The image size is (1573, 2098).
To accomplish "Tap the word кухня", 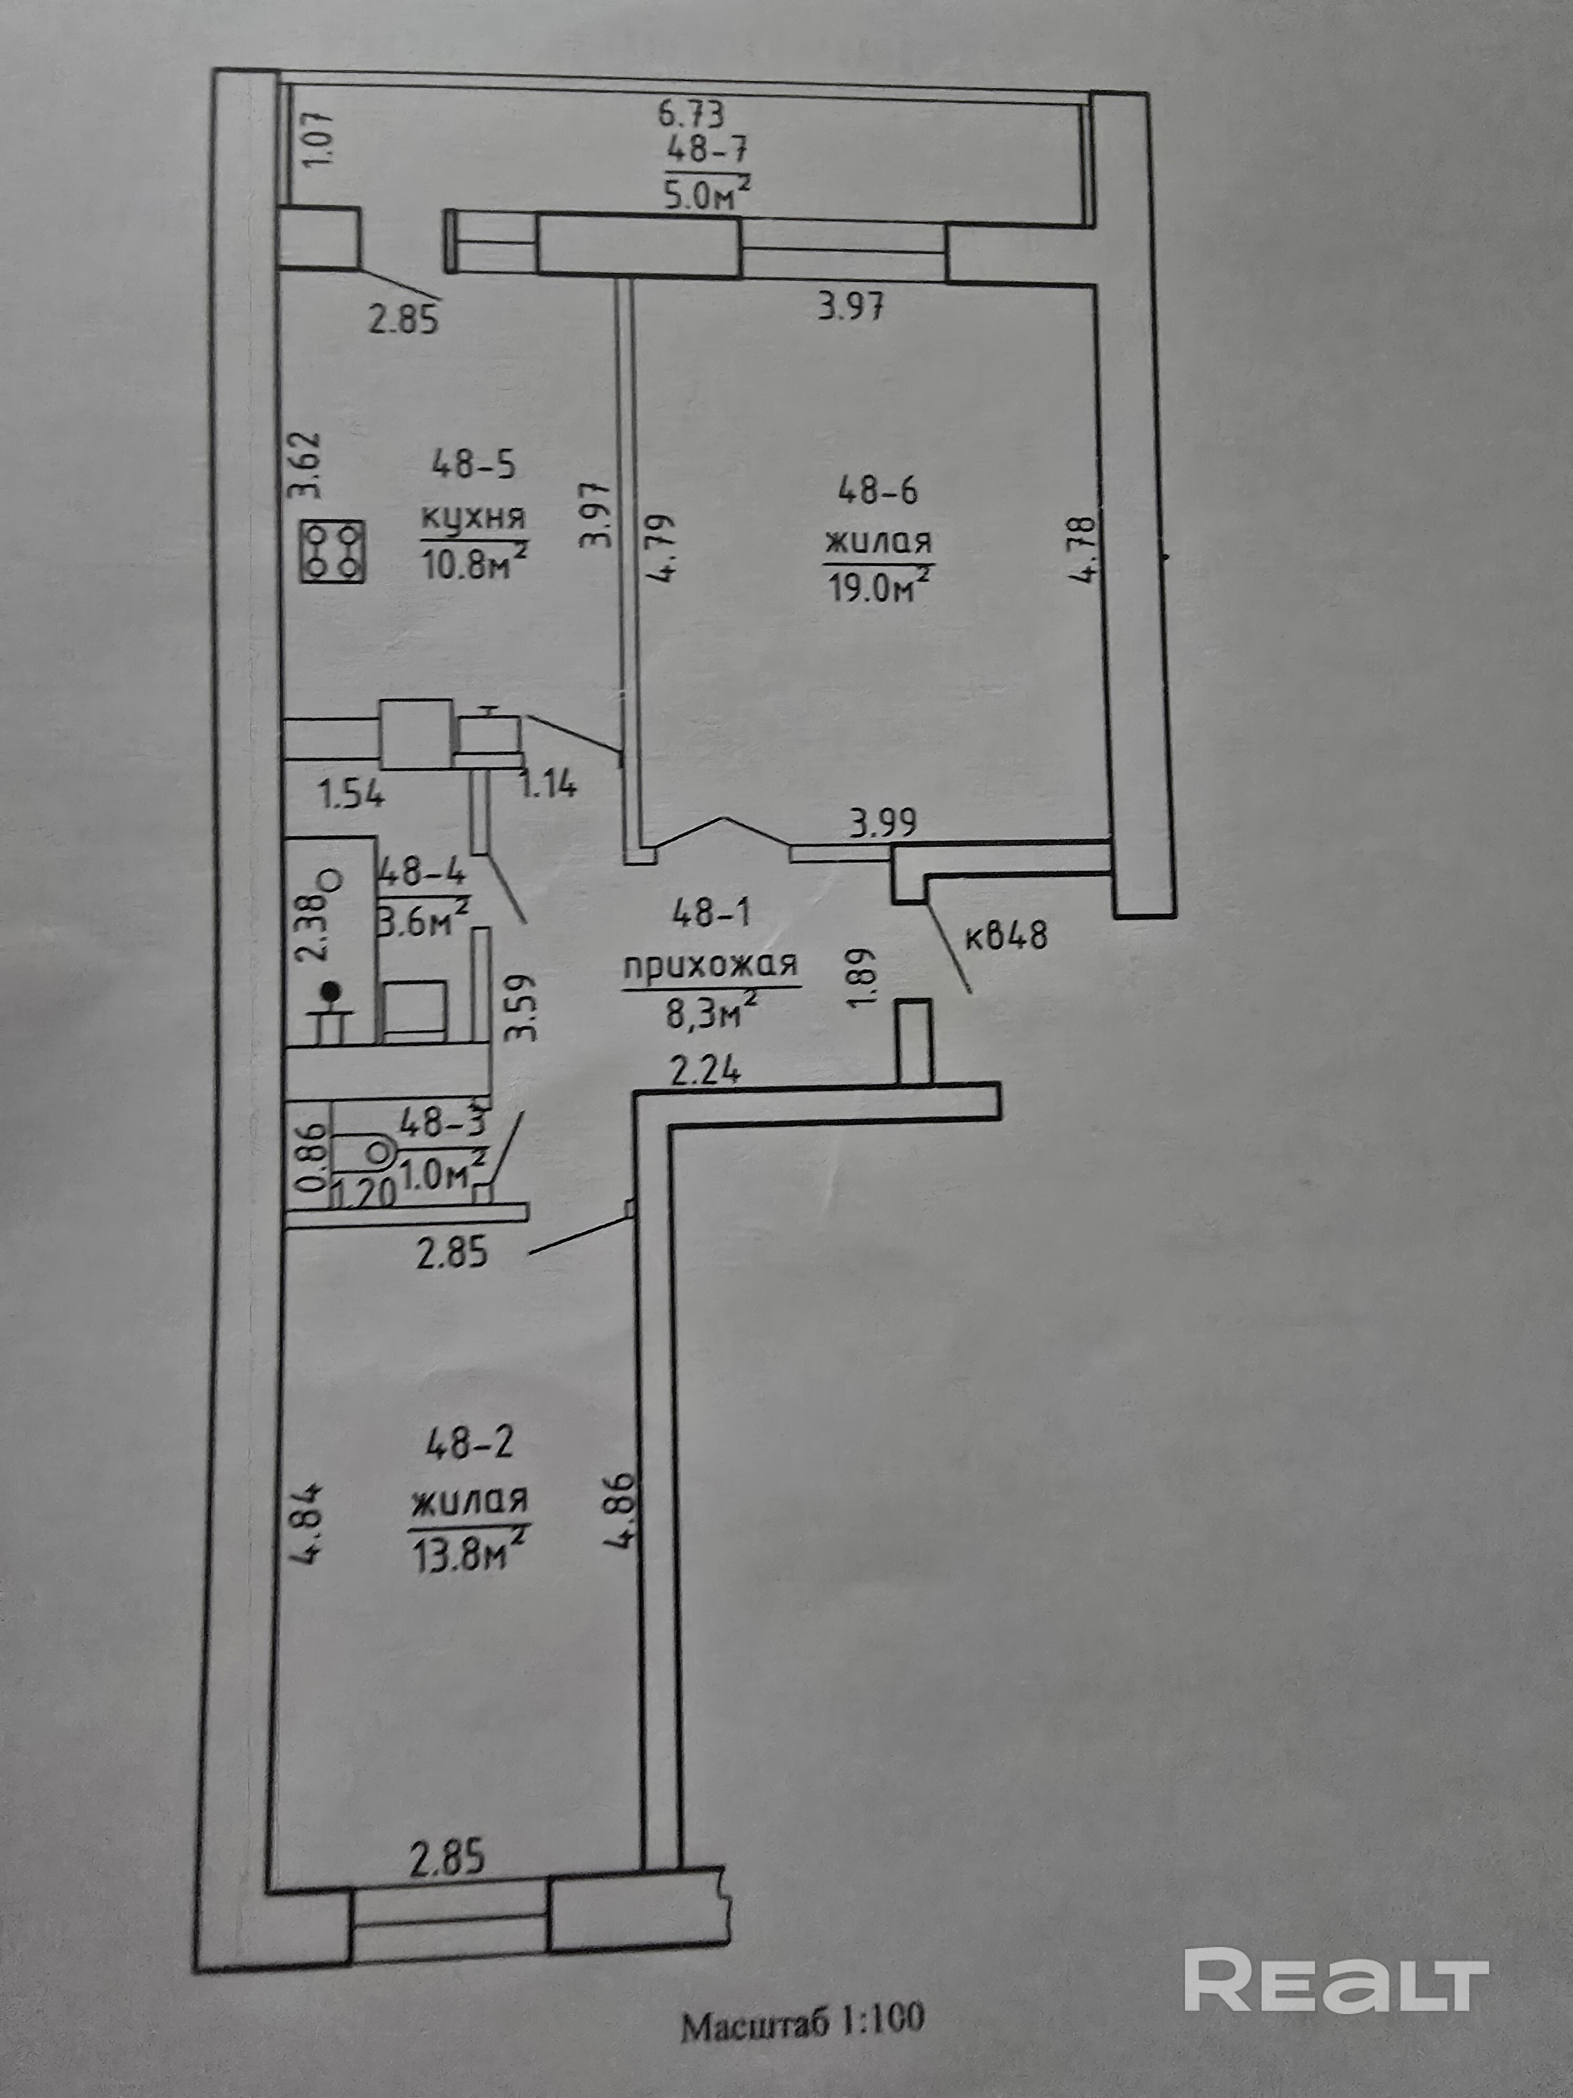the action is point(473,519).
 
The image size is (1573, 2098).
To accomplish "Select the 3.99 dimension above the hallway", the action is point(883,821).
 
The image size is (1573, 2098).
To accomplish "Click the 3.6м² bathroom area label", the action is point(425,920).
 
